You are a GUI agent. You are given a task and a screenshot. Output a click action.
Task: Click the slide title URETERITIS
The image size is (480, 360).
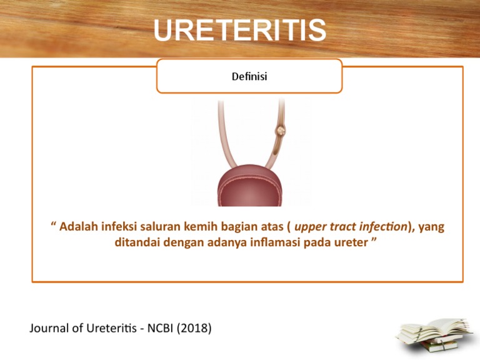click(240, 30)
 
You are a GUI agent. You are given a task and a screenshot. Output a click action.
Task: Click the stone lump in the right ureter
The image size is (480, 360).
click(281, 131)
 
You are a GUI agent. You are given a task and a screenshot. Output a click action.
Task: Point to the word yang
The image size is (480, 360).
click(431, 227)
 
